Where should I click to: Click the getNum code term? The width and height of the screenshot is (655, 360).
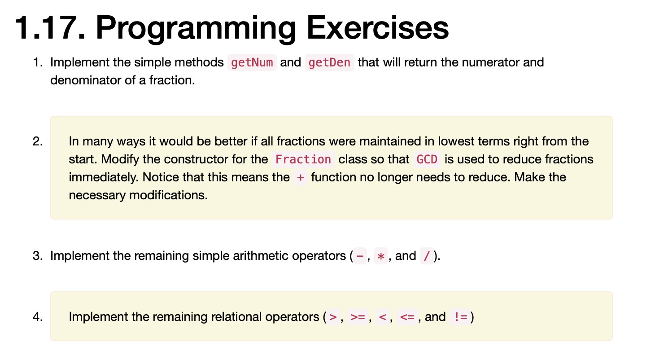click(252, 62)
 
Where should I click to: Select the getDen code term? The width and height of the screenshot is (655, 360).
click(329, 62)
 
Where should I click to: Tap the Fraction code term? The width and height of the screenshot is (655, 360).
click(303, 159)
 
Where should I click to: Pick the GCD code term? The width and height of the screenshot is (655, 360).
click(427, 159)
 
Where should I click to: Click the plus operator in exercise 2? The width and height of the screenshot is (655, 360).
click(300, 177)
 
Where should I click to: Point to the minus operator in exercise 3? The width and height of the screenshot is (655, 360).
click(360, 256)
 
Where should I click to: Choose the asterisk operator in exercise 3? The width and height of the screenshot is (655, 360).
click(381, 256)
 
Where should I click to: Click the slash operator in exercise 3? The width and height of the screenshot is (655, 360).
click(426, 256)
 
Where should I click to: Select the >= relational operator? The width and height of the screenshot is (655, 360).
click(358, 317)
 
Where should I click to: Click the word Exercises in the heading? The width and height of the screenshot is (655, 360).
click(378, 28)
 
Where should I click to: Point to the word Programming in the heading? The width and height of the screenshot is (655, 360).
click(196, 28)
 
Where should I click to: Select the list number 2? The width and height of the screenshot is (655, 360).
click(38, 142)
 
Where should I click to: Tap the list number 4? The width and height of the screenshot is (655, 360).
click(38, 317)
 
